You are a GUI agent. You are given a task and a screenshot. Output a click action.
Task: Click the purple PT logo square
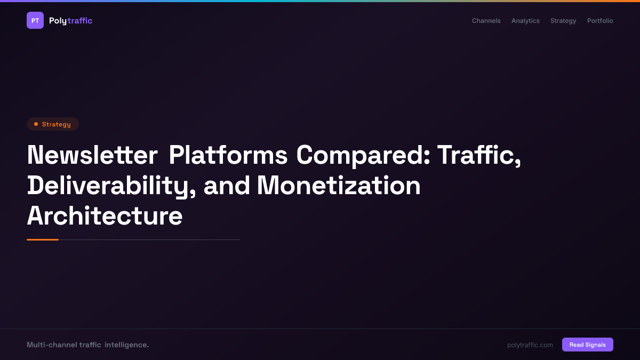[x=35, y=20]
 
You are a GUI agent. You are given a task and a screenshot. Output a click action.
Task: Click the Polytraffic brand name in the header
[x=70, y=21]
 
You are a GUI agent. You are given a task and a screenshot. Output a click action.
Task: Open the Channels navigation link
[x=486, y=21]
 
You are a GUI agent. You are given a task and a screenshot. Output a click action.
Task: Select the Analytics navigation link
[x=525, y=21]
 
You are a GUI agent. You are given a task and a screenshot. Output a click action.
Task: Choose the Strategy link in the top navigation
[x=563, y=21]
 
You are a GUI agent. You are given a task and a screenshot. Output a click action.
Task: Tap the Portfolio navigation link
[x=600, y=21]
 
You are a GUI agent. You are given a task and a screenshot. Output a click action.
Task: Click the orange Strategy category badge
[x=53, y=124]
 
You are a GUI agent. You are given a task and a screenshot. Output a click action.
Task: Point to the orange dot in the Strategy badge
[x=36, y=124]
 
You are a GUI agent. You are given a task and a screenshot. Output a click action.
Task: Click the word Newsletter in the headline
[x=92, y=155]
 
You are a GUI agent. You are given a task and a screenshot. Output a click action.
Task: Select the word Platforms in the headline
[x=228, y=155]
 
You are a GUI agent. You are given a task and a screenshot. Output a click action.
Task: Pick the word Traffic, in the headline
[x=479, y=155]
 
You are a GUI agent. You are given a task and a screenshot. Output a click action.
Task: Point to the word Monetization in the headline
[x=339, y=186]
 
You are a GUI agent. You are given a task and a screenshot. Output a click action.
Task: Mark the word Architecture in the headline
[x=105, y=216]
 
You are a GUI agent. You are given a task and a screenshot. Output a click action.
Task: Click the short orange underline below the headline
[x=43, y=239]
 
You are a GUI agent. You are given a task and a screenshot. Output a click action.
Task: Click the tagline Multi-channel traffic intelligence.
[x=87, y=345]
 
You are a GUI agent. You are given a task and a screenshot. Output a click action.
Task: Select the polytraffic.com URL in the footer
[x=530, y=345]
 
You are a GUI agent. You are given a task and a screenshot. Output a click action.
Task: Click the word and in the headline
[x=227, y=186]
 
